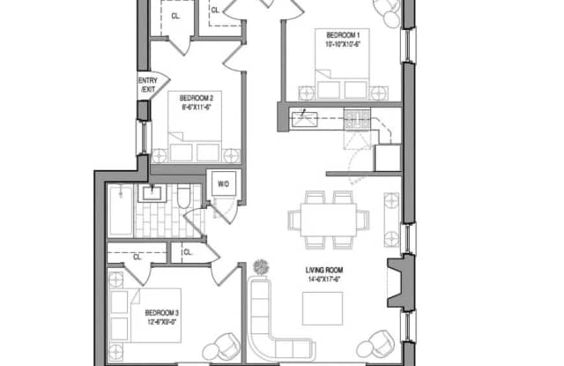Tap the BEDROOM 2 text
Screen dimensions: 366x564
pos(194,97)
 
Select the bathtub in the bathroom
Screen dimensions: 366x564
pos(121,211)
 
